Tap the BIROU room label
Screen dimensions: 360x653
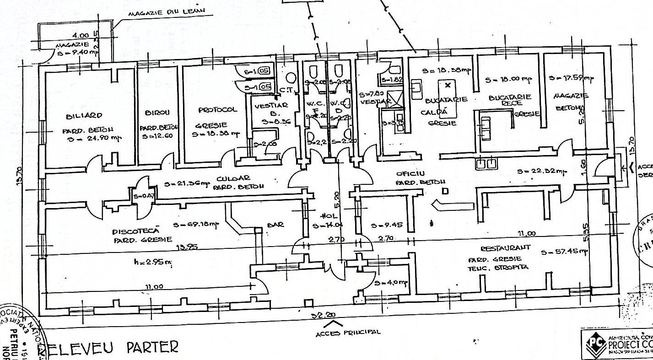click(157, 112)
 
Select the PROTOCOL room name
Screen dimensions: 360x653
click(217, 110)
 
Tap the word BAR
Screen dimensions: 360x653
click(276, 224)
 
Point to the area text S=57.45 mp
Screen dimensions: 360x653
click(564, 252)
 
